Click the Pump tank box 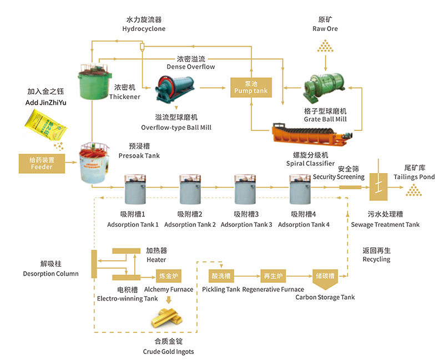coord(251,88)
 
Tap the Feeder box coord(42,164)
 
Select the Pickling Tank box coord(221,276)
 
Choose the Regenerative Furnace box coord(273,276)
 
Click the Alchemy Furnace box coord(169,276)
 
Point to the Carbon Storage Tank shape coord(325,279)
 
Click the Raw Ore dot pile coord(325,46)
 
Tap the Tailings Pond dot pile coord(413,190)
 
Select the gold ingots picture coord(167,318)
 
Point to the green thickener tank coord(94,82)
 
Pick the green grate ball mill coord(325,87)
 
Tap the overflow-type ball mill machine coord(175,88)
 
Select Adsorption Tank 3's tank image coord(245,189)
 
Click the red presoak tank coord(94,163)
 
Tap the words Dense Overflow coord(190,67)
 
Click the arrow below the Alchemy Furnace coord(169,300)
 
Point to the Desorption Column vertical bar coord(94,264)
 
